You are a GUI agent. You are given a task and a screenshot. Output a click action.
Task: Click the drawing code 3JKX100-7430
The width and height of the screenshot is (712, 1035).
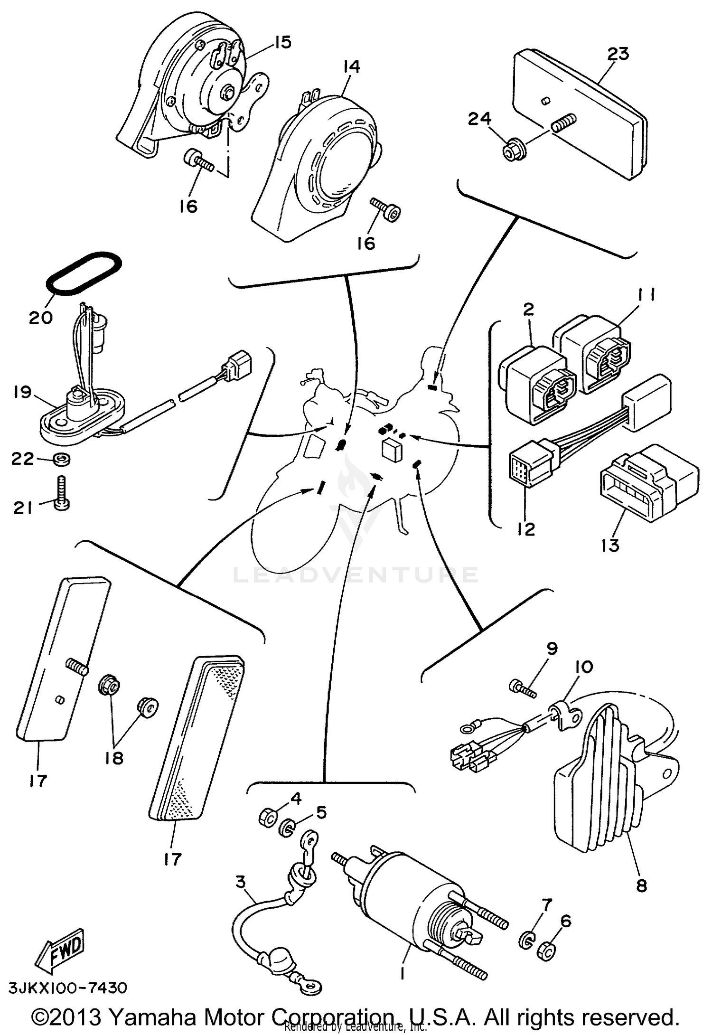(68, 988)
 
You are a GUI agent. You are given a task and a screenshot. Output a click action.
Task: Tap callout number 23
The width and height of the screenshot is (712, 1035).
(618, 54)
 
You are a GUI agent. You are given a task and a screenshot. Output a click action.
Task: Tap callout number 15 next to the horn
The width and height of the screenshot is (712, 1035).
(282, 42)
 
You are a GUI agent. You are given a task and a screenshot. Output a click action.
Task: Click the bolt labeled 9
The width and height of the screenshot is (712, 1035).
(522, 689)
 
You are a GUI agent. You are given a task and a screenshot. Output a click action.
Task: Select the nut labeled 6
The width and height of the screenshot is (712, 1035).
(546, 950)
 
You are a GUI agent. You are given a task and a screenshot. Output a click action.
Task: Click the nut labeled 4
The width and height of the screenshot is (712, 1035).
(269, 817)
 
